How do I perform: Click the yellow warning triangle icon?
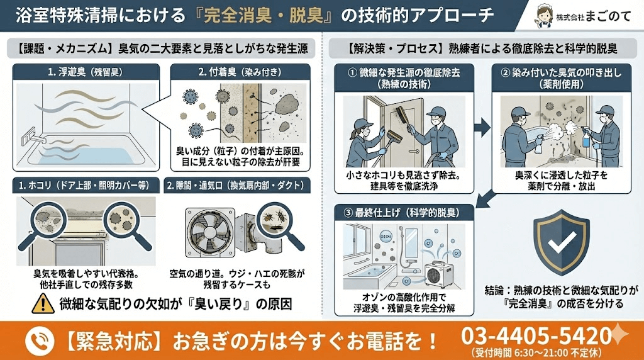click(43, 305)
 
